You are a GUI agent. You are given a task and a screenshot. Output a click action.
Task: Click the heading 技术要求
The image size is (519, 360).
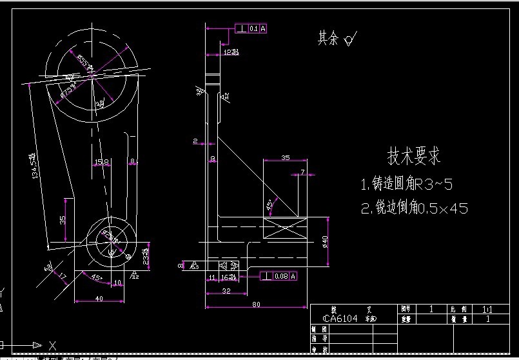point(413,156)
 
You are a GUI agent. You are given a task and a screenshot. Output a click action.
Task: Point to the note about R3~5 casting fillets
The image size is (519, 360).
point(406,185)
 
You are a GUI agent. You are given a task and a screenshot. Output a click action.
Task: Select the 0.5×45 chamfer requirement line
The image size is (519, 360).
point(413,208)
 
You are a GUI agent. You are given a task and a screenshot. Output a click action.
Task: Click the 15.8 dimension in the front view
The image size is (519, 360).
point(101,161)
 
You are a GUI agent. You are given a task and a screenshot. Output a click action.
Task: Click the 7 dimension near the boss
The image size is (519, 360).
point(302,172)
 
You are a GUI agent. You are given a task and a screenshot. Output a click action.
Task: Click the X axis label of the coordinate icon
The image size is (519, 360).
point(52,345)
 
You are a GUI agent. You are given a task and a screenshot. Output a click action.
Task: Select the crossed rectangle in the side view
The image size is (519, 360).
point(284,230)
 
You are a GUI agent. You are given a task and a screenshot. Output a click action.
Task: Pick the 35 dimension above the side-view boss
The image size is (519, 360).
point(286,157)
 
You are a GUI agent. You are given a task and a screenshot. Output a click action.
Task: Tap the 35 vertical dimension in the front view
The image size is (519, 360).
point(63,220)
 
